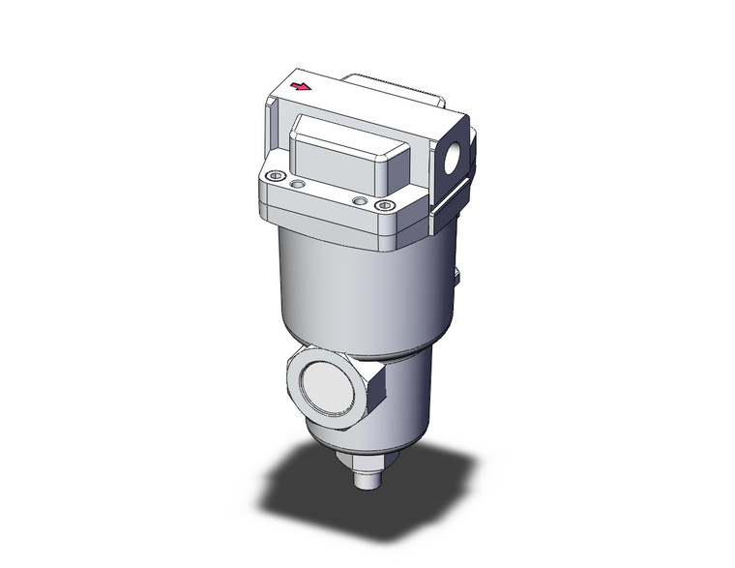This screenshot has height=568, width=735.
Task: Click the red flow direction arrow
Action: (301, 87)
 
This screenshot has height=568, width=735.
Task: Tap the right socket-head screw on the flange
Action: (385, 206)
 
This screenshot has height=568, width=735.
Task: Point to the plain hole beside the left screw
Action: (297, 182)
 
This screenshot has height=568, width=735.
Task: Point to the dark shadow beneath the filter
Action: (290, 484)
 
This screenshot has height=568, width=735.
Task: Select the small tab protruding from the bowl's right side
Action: (457, 278)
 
